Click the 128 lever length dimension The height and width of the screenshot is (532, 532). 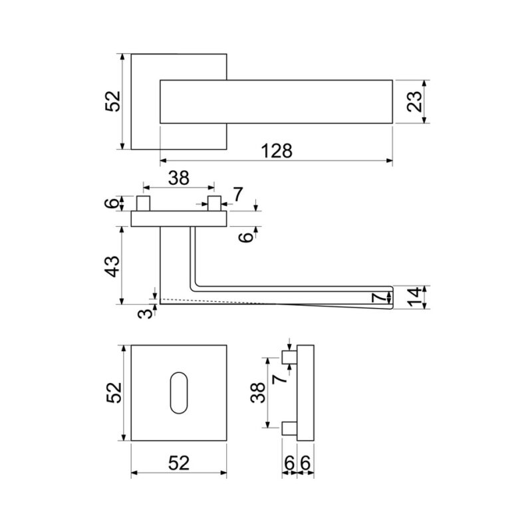point(277,151)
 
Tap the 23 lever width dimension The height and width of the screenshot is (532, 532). point(414,101)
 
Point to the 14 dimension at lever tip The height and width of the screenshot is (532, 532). point(414,297)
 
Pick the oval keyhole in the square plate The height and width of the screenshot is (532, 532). point(178,393)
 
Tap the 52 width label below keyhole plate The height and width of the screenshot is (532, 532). point(179,463)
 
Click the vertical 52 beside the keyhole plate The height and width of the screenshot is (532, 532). point(114,393)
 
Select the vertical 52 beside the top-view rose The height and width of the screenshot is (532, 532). point(113,101)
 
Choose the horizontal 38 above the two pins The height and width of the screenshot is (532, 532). point(179,178)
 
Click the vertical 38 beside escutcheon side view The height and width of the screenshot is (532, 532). point(258,392)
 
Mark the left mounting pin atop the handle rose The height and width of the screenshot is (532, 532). point(143,203)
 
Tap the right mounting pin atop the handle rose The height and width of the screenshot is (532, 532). point(214,203)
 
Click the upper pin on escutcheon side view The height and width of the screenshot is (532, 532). point(289,357)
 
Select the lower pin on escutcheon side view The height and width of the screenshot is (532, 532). point(289,428)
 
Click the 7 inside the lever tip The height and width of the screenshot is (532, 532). point(378,298)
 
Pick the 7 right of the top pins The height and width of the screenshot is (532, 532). point(238,194)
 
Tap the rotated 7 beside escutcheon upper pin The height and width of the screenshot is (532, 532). point(280,378)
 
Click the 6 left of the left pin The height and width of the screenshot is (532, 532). point(113,203)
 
